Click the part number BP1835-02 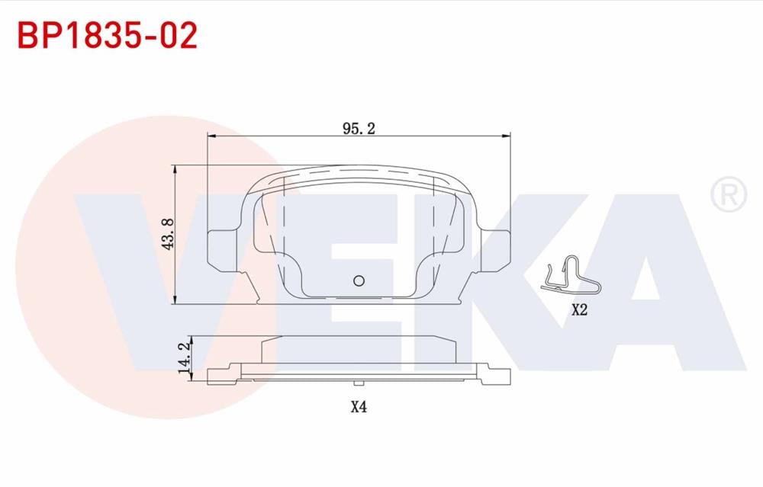[108, 35]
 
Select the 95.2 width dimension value [359, 129]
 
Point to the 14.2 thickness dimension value [183, 357]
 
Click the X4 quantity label [359, 407]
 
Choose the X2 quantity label [579, 310]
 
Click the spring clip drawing [571, 276]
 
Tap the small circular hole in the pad [360, 280]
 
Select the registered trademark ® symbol [728, 194]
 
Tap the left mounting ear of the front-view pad [222, 249]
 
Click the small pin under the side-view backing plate [359, 382]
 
